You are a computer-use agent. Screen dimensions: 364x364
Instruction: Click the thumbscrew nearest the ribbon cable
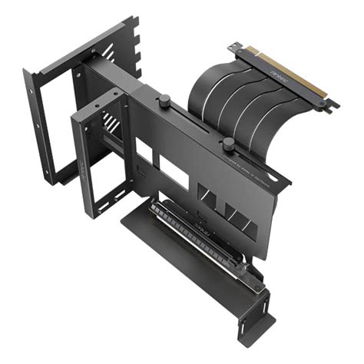(227, 144)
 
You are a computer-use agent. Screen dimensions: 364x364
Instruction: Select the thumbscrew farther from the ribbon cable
(164, 100)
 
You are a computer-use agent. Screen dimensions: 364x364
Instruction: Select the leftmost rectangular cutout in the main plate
(144, 151)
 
